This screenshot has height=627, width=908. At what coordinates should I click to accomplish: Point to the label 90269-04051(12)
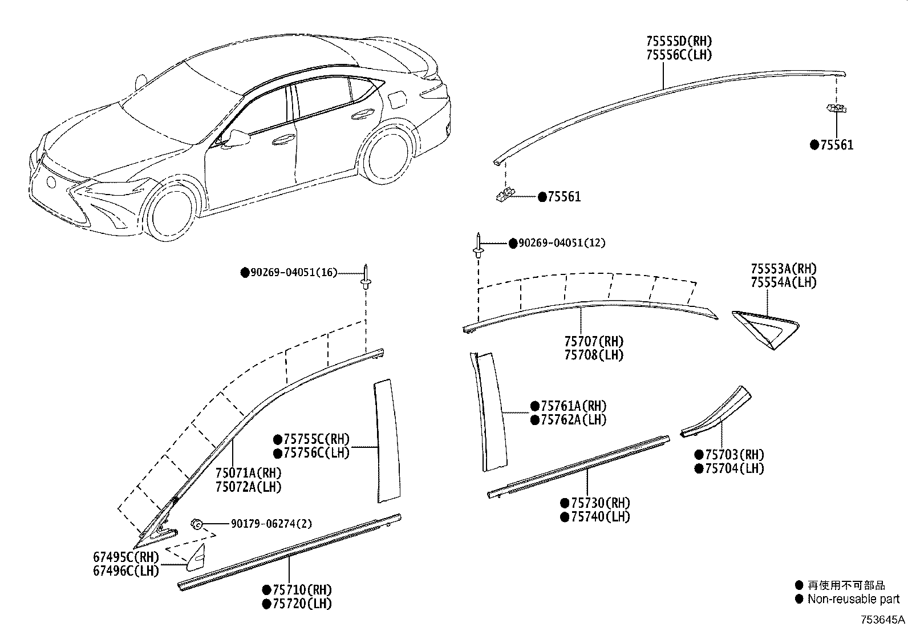pyautogui.click(x=561, y=243)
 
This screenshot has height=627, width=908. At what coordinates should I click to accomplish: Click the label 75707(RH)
pyautogui.click(x=594, y=342)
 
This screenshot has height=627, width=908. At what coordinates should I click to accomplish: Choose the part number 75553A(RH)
pyautogui.click(x=783, y=269)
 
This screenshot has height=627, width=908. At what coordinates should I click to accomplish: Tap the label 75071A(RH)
pyautogui.click(x=248, y=473)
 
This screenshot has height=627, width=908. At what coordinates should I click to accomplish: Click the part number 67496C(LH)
pyautogui.click(x=126, y=570)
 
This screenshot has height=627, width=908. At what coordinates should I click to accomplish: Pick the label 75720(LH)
pyautogui.click(x=302, y=604)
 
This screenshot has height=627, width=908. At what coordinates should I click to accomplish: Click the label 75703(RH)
pyautogui.click(x=734, y=455)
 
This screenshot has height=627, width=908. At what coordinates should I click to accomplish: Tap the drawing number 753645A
pyautogui.click(x=883, y=620)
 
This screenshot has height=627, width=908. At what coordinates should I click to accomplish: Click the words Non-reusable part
pyautogui.click(x=853, y=599)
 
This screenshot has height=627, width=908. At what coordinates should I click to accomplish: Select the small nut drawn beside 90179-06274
pyautogui.click(x=197, y=523)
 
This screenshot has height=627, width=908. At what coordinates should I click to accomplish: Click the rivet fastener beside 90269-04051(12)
pyautogui.click(x=477, y=246)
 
